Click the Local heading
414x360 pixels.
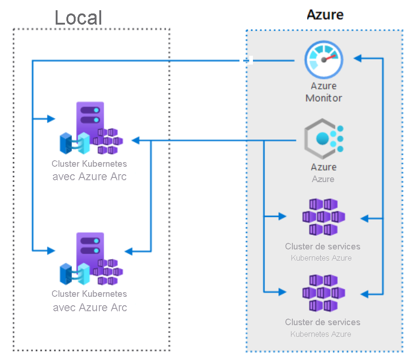click(x=78, y=18)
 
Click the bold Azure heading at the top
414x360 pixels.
click(x=325, y=14)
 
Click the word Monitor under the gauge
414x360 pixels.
click(x=323, y=98)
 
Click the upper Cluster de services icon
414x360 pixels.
click(x=323, y=216)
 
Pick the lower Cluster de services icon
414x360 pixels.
click(x=323, y=293)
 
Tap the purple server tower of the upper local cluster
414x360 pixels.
click(x=90, y=121)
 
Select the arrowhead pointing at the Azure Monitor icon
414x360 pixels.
click(x=357, y=59)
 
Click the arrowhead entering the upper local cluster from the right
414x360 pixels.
click(x=135, y=140)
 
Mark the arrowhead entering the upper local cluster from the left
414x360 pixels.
click(x=51, y=119)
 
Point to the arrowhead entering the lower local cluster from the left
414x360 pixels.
click(x=51, y=250)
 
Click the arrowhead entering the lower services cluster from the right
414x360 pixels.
click(x=364, y=294)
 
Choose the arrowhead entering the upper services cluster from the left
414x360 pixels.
click(x=282, y=216)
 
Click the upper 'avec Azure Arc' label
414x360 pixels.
click(x=90, y=177)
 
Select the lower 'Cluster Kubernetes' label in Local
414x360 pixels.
click(x=89, y=294)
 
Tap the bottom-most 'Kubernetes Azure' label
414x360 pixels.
click(x=321, y=334)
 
